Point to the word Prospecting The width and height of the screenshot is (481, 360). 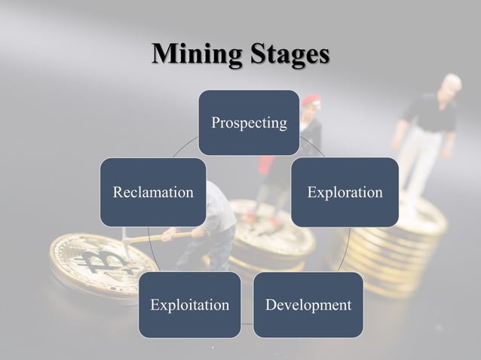(249, 122)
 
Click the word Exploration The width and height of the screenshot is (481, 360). (345, 192)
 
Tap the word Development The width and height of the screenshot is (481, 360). (308, 305)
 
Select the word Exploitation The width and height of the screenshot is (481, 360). (189, 305)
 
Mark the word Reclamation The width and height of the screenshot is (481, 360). (153, 192)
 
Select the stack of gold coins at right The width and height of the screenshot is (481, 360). (407, 241)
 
